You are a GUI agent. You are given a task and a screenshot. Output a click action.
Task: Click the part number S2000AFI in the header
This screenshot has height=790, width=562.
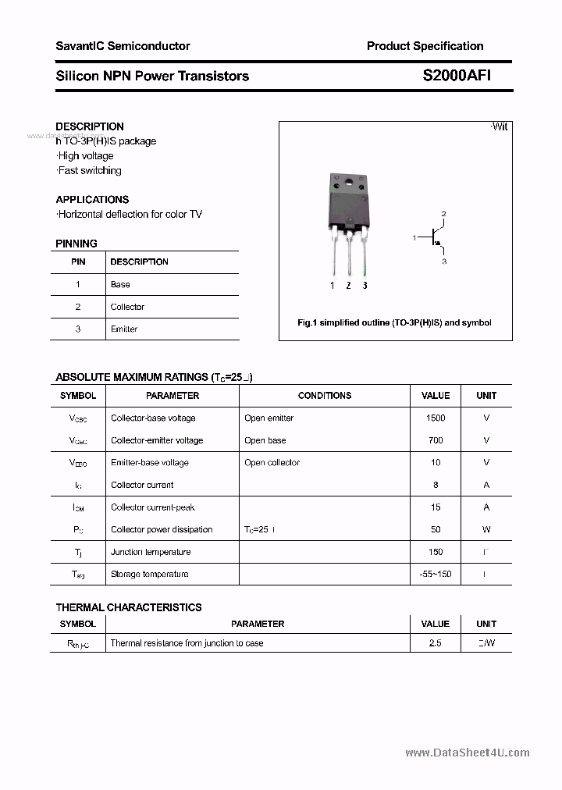[457, 76]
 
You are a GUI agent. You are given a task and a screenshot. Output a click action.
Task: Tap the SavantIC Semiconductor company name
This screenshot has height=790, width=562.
[123, 46]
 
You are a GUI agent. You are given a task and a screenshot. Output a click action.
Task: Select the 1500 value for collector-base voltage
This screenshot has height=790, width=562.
[436, 418]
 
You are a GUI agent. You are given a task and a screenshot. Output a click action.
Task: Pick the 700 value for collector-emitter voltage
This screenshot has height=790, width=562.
[436, 440]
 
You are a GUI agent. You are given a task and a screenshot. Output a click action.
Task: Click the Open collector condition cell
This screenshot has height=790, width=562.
[272, 462]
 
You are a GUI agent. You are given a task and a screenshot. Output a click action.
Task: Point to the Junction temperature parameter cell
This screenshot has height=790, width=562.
[151, 552]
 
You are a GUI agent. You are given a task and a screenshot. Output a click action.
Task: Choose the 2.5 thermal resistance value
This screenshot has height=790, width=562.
[436, 643]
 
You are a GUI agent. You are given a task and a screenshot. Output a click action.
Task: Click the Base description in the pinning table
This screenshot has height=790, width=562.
[120, 284]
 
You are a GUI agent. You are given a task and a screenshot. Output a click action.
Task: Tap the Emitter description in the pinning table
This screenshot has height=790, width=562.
[124, 329]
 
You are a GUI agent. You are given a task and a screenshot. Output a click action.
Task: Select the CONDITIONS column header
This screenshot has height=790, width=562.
[325, 396]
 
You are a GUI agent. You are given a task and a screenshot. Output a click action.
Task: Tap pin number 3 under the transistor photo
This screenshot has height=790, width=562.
[365, 286]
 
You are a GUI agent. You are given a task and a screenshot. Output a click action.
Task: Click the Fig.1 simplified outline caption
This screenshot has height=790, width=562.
[395, 322]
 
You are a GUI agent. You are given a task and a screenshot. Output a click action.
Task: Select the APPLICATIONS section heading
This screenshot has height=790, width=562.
[92, 199]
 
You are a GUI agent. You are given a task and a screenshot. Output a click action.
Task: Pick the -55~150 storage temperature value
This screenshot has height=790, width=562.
[436, 575]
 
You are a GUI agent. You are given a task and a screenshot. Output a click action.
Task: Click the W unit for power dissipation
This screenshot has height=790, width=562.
[486, 529]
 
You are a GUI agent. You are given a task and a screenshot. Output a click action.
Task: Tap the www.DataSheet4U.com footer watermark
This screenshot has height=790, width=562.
[468, 753]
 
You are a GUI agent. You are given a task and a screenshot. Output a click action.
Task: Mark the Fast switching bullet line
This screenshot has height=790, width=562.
[89, 170]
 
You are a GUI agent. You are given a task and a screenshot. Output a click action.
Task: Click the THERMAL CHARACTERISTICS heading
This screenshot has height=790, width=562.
[129, 607]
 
